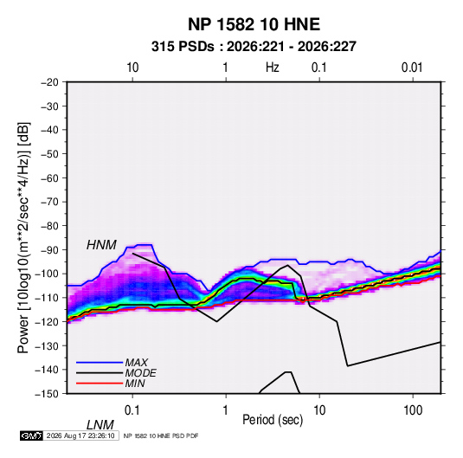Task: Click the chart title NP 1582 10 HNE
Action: (x=254, y=24)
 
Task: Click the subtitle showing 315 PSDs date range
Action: (x=254, y=47)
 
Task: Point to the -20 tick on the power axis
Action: (x=49, y=82)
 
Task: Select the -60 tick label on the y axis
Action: (x=49, y=177)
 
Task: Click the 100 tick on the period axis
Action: (x=413, y=410)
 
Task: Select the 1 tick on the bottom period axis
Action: (x=226, y=410)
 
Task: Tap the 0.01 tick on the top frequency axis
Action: (x=412, y=68)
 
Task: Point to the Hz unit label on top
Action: (x=273, y=68)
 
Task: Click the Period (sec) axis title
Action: (x=273, y=420)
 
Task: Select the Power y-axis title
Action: (x=23, y=237)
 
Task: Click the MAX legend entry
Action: (x=136, y=362)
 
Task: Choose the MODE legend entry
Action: (x=140, y=373)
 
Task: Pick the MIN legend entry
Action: (x=135, y=384)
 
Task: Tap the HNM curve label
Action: (x=101, y=245)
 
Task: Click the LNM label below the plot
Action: (x=100, y=425)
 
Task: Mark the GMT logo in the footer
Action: (x=31, y=435)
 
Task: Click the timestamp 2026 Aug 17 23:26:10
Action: (x=80, y=435)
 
